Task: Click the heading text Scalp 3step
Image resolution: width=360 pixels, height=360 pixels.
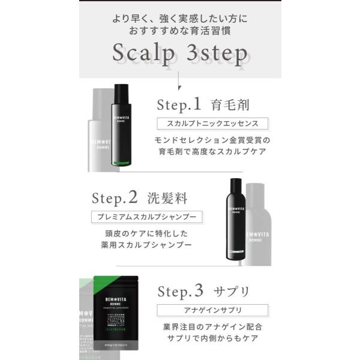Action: click(x=180, y=55)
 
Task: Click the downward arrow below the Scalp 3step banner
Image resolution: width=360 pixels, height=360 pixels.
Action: click(x=179, y=84)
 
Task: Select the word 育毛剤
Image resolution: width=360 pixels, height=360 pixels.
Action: click(x=230, y=106)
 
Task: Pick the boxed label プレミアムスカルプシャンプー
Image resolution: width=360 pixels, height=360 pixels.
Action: click(x=146, y=217)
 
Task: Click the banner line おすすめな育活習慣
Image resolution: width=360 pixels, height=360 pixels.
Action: click(x=180, y=28)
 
